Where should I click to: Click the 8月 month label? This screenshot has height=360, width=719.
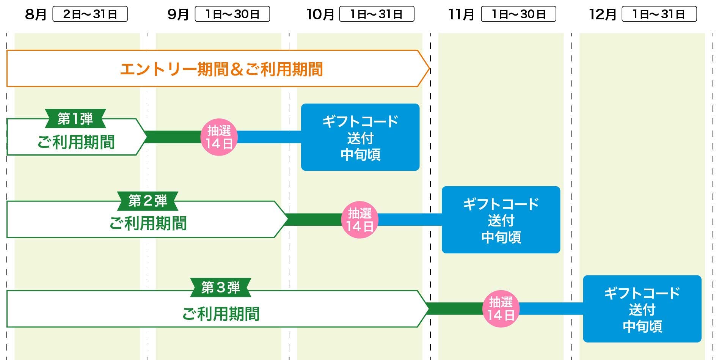point(36,14)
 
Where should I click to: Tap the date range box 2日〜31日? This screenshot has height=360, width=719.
point(90,14)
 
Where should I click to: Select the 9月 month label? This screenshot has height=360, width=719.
point(178,14)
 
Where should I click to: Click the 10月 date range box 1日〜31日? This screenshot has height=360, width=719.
point(376,14)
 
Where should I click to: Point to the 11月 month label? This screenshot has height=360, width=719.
point(461,14)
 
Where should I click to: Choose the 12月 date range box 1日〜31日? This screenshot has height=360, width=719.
point(659,14)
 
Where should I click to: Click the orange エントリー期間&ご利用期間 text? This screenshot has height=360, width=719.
point(221,69)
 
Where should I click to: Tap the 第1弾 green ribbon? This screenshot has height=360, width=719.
point(75,119)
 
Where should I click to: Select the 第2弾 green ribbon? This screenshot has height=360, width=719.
point(148,201)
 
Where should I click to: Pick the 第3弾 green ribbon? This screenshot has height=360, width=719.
point(220,288)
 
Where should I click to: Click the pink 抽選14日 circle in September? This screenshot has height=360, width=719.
point(219,137)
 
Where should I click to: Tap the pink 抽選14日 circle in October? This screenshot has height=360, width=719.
point(359,220)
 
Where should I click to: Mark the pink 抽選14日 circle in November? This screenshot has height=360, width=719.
point(501,309)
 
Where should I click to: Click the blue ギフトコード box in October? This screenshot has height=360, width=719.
point(360,137)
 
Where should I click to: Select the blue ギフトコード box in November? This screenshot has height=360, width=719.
point(501,220)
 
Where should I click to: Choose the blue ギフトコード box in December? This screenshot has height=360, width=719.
point(642,309)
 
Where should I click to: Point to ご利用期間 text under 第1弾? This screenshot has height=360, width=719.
point(76,142)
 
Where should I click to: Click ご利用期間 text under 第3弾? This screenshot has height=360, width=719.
point(221,314)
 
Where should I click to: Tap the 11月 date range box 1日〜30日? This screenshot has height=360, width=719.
point(518,14)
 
